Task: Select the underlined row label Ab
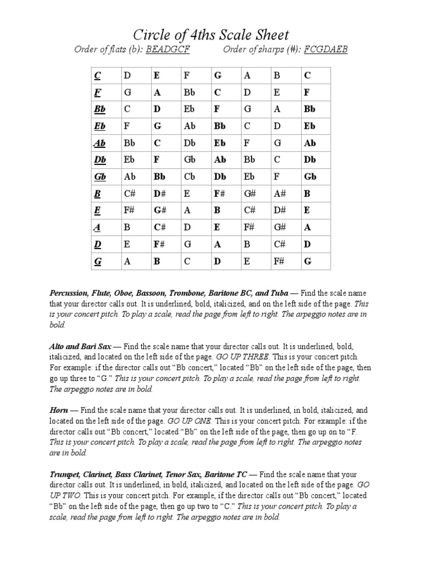(x=99, y=143)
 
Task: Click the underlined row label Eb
(x=99, y=126)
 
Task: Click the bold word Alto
(x=58, y=347)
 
